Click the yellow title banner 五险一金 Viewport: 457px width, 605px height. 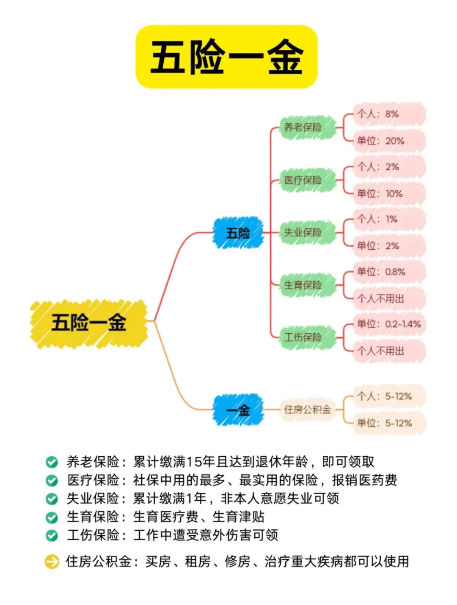226,57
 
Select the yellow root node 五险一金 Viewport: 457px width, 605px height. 89,323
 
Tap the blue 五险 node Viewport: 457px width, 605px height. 238,233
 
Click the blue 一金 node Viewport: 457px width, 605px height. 238,410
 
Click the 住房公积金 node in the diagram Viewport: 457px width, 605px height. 307,409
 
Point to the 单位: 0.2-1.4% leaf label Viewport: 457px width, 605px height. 388,324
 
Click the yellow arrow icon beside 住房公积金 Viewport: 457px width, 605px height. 52,561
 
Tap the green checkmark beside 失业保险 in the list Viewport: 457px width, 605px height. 52,499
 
